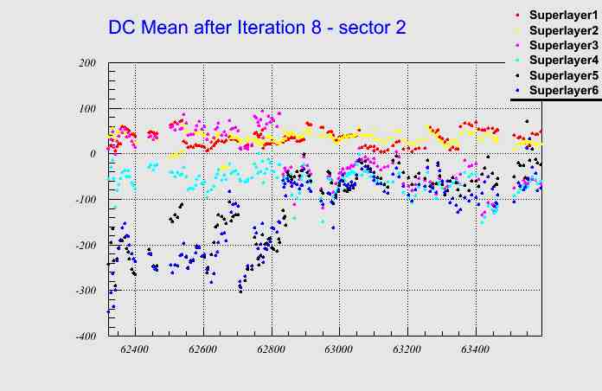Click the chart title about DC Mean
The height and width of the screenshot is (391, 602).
(257, 27)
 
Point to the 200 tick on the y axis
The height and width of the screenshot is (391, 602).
(86, 63)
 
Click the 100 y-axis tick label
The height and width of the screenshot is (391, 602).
(86, 109)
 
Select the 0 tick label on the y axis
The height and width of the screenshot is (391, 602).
(93, 154)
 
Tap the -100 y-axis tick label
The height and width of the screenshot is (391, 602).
(85, 200)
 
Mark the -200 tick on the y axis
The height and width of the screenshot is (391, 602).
(85, 246)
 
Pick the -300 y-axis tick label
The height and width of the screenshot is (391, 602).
(85, 291)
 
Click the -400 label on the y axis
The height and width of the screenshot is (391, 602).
(85, 337)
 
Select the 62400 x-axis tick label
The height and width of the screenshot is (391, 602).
(134, 349)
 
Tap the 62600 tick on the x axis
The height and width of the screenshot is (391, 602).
(202, 349)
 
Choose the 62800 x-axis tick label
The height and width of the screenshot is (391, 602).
(271, 349)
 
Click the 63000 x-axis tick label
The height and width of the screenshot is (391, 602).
(338, 349)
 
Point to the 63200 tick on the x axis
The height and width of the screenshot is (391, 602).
(407, 349)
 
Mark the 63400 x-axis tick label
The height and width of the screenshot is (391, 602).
(475, 349)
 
